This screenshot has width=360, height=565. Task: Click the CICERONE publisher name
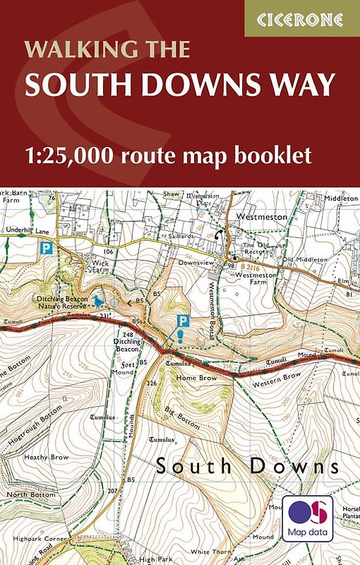(x=301, y=19)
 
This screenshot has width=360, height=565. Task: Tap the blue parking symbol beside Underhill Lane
(x=47, y=248)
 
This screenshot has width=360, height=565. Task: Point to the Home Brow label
(x=197, y=377)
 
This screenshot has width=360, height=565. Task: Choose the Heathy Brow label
(x=47, y=458)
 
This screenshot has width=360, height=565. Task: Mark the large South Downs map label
(x=247, y=467)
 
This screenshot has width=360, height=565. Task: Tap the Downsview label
(x=191, y=261)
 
